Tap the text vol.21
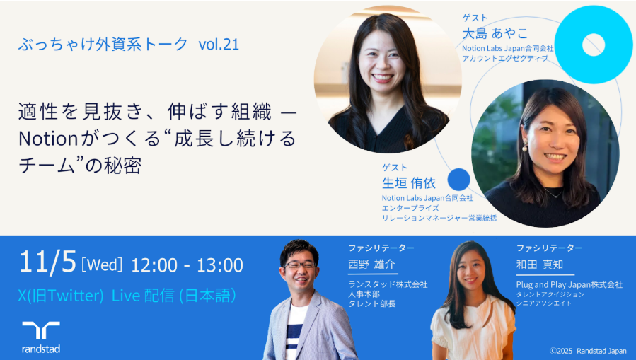tap(219, 44)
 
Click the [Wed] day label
tap(103, 265)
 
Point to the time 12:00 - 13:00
tap(187, 265)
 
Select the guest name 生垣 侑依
tap(409, 183)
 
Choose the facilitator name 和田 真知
tap(540, 265)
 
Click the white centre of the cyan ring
tap(593, 45)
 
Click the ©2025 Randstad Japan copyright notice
tap(588, 350)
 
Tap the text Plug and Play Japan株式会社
tap(569, 284)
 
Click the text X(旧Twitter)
tap(62, 296)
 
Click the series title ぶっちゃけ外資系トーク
tap(103, 44)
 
